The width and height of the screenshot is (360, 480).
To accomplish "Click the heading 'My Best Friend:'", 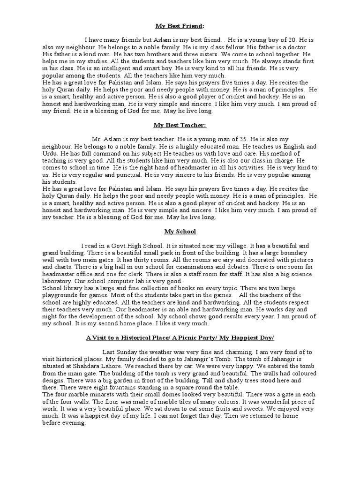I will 180,26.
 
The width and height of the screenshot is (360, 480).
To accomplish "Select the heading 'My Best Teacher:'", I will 180,125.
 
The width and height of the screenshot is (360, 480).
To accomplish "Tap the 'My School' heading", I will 180,232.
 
